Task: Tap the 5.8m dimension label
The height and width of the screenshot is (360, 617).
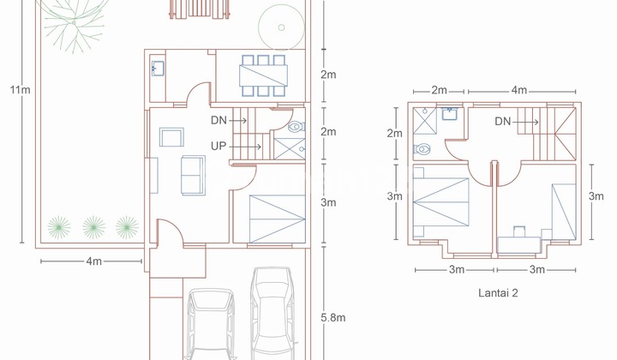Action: click(x=333, y=317)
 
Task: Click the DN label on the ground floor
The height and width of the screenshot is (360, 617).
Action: click(x=220, y=122)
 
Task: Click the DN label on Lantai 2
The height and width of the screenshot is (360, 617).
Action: click(x=505, y=122)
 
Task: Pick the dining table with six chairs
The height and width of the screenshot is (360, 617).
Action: click(x=263, y=76)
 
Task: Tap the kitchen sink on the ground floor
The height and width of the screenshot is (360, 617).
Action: click(x=158, y=69)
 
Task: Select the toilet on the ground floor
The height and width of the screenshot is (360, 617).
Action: click(x=295, y=127)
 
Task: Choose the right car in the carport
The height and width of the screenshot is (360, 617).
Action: click(x=272, y=313)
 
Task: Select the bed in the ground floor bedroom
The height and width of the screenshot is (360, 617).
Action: click(x=276, y=218)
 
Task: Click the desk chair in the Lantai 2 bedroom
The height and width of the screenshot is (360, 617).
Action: click(x=518, y=230)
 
